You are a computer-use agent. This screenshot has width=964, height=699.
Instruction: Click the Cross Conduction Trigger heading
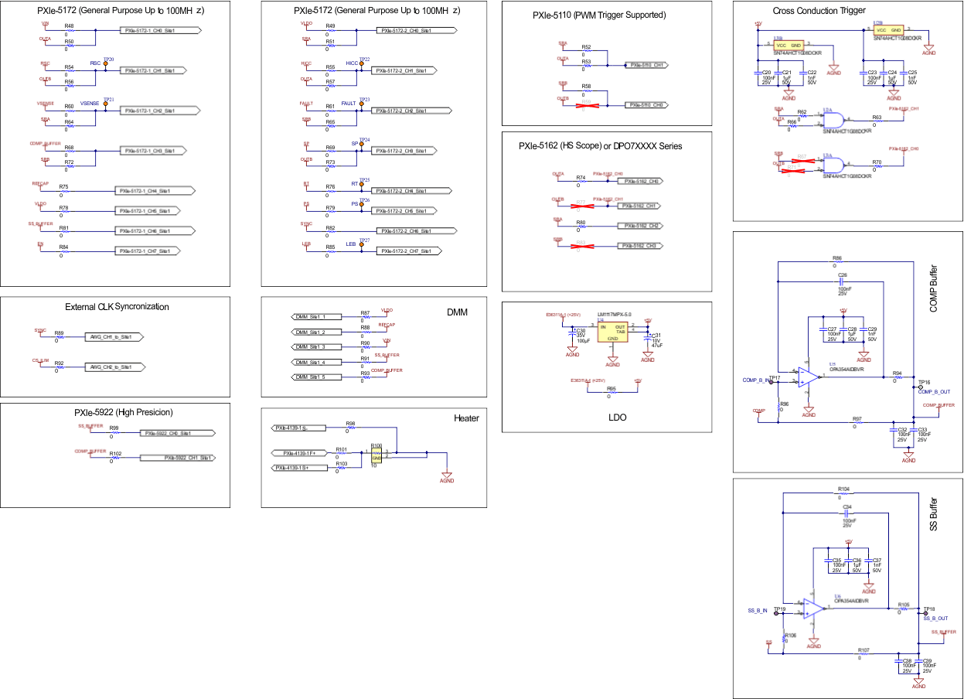(x=819, y=10)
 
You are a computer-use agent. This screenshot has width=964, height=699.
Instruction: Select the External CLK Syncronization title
(x=117, y=307)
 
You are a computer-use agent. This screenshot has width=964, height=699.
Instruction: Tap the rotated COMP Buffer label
(x=932, y=287)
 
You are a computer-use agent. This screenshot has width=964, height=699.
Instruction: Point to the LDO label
(x=617, y=418)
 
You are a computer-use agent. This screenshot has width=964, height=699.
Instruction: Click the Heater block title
(x=466, y=418)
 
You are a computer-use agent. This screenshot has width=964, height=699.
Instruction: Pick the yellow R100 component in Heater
(x=376, y=455)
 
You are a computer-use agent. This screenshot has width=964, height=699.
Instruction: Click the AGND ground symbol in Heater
(x=446, y=476)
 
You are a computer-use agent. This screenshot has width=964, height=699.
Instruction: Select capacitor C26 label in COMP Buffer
(x=843, y=274)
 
